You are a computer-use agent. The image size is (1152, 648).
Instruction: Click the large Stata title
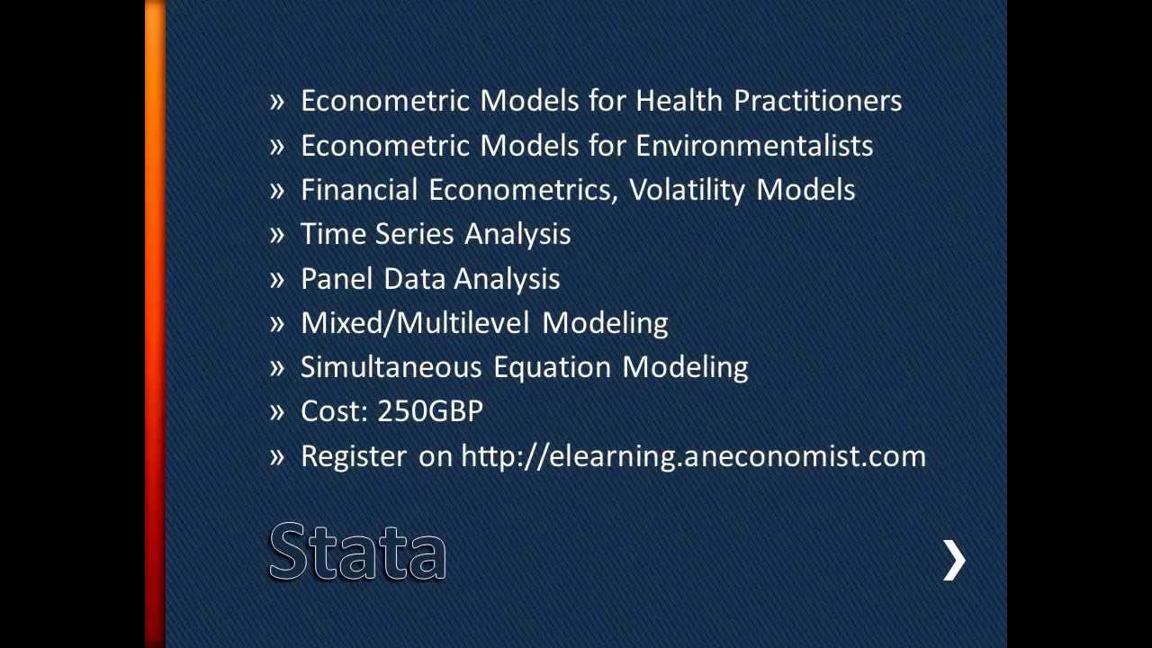[357, 552]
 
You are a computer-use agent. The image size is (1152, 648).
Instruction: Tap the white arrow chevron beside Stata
[953, 561]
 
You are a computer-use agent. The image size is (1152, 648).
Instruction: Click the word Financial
[359, 190]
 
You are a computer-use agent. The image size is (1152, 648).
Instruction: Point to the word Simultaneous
[391, 367]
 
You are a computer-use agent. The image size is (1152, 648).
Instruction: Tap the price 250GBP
[430, 411]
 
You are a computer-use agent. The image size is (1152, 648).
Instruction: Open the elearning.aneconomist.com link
[693, 456]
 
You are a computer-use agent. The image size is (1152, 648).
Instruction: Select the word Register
[353, 456]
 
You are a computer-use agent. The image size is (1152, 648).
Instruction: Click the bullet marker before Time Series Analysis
[277, 235]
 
